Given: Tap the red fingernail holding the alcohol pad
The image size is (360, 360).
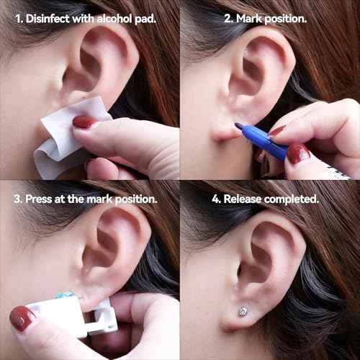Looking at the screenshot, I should [84, 122].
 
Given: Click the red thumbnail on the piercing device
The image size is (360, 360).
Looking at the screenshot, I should [22, 318].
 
